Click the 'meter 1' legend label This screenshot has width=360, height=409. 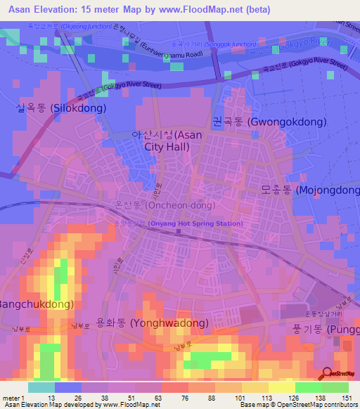[x=13, y=398]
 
